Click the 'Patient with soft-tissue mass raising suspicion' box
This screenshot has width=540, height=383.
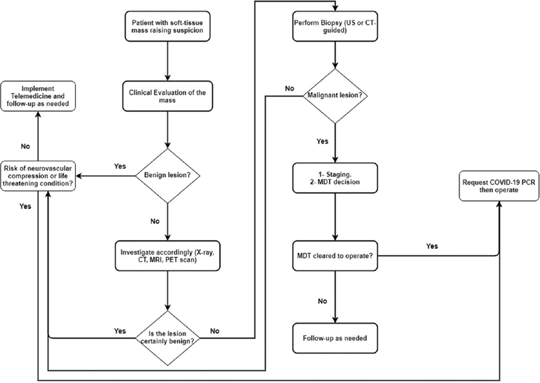tap(167, 26)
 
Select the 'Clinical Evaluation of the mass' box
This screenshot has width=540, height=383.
tap(167, 96)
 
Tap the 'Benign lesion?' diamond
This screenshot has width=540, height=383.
tap(167, 176)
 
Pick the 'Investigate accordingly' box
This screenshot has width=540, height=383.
tap(167, 255)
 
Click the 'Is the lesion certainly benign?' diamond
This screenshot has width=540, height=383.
tap(167, 338)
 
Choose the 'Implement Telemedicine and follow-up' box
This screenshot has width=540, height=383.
tap(38, 96)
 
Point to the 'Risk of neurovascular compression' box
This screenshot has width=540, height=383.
tap(38, 176)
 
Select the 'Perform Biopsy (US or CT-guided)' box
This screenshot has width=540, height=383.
tap(335, 26)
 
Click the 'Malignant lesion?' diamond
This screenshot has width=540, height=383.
tap(335, 95)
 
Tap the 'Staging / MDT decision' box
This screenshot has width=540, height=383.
tap(335, 178)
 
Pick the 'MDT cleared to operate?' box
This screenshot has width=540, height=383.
tap(335, 256)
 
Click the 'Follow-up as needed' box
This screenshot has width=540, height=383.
tap(335, 338)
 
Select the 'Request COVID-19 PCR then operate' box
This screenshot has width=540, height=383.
tap(499, 186)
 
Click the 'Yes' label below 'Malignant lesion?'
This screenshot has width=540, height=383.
tap(322, 141)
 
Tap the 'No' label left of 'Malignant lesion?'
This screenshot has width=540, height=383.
tap(290, 88)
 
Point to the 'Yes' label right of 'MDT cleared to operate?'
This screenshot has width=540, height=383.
tap(432, 246)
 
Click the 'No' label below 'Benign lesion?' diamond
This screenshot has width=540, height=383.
tap(155, 221)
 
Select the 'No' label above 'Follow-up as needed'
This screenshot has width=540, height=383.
tap(322, 301)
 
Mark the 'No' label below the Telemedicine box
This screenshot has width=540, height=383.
tap(25, 146)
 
